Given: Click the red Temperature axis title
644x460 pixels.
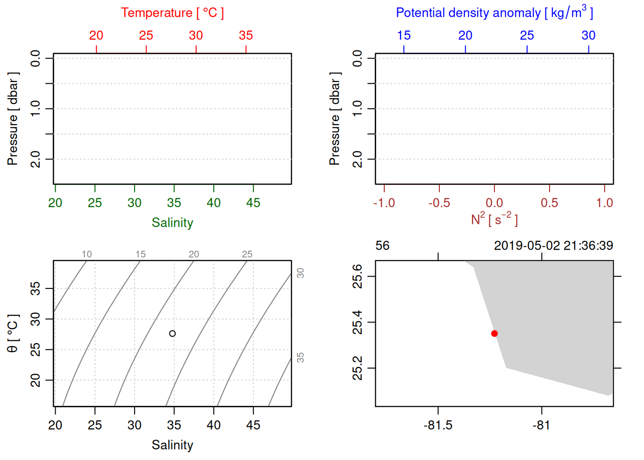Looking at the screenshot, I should pos(172,13).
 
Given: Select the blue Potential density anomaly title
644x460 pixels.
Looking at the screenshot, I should pos(494,12).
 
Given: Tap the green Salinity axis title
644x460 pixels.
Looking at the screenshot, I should pos(172,223).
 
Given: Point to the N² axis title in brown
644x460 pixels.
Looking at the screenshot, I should pos(494,219).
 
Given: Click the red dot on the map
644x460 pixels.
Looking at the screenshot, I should pos(494,333).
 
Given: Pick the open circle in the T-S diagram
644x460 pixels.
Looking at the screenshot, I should pos(172,333).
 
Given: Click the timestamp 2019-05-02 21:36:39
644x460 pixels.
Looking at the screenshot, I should pos(553,246).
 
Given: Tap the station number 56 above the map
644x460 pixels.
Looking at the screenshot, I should pos(382,246).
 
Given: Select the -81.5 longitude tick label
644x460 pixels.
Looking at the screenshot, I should pos(438,425).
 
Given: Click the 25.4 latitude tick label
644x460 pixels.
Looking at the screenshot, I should pos(358,322).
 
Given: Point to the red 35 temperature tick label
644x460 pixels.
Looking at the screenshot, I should pos(246,35).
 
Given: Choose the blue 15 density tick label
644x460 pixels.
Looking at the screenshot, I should pos(404,35).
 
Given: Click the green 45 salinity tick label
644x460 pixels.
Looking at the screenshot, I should pos(253,203).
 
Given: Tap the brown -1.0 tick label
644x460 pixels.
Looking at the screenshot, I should pos(384,203).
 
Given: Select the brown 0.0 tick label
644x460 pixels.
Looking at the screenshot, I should pos(494,203).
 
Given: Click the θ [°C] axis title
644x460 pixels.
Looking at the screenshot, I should pos(12,333).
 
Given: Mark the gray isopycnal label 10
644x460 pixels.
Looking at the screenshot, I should pos(87,254).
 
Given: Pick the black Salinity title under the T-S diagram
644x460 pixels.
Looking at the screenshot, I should pos(172,445).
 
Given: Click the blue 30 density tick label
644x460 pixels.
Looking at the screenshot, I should pos(588,35).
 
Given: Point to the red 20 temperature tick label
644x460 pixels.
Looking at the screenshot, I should pos(96,35).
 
